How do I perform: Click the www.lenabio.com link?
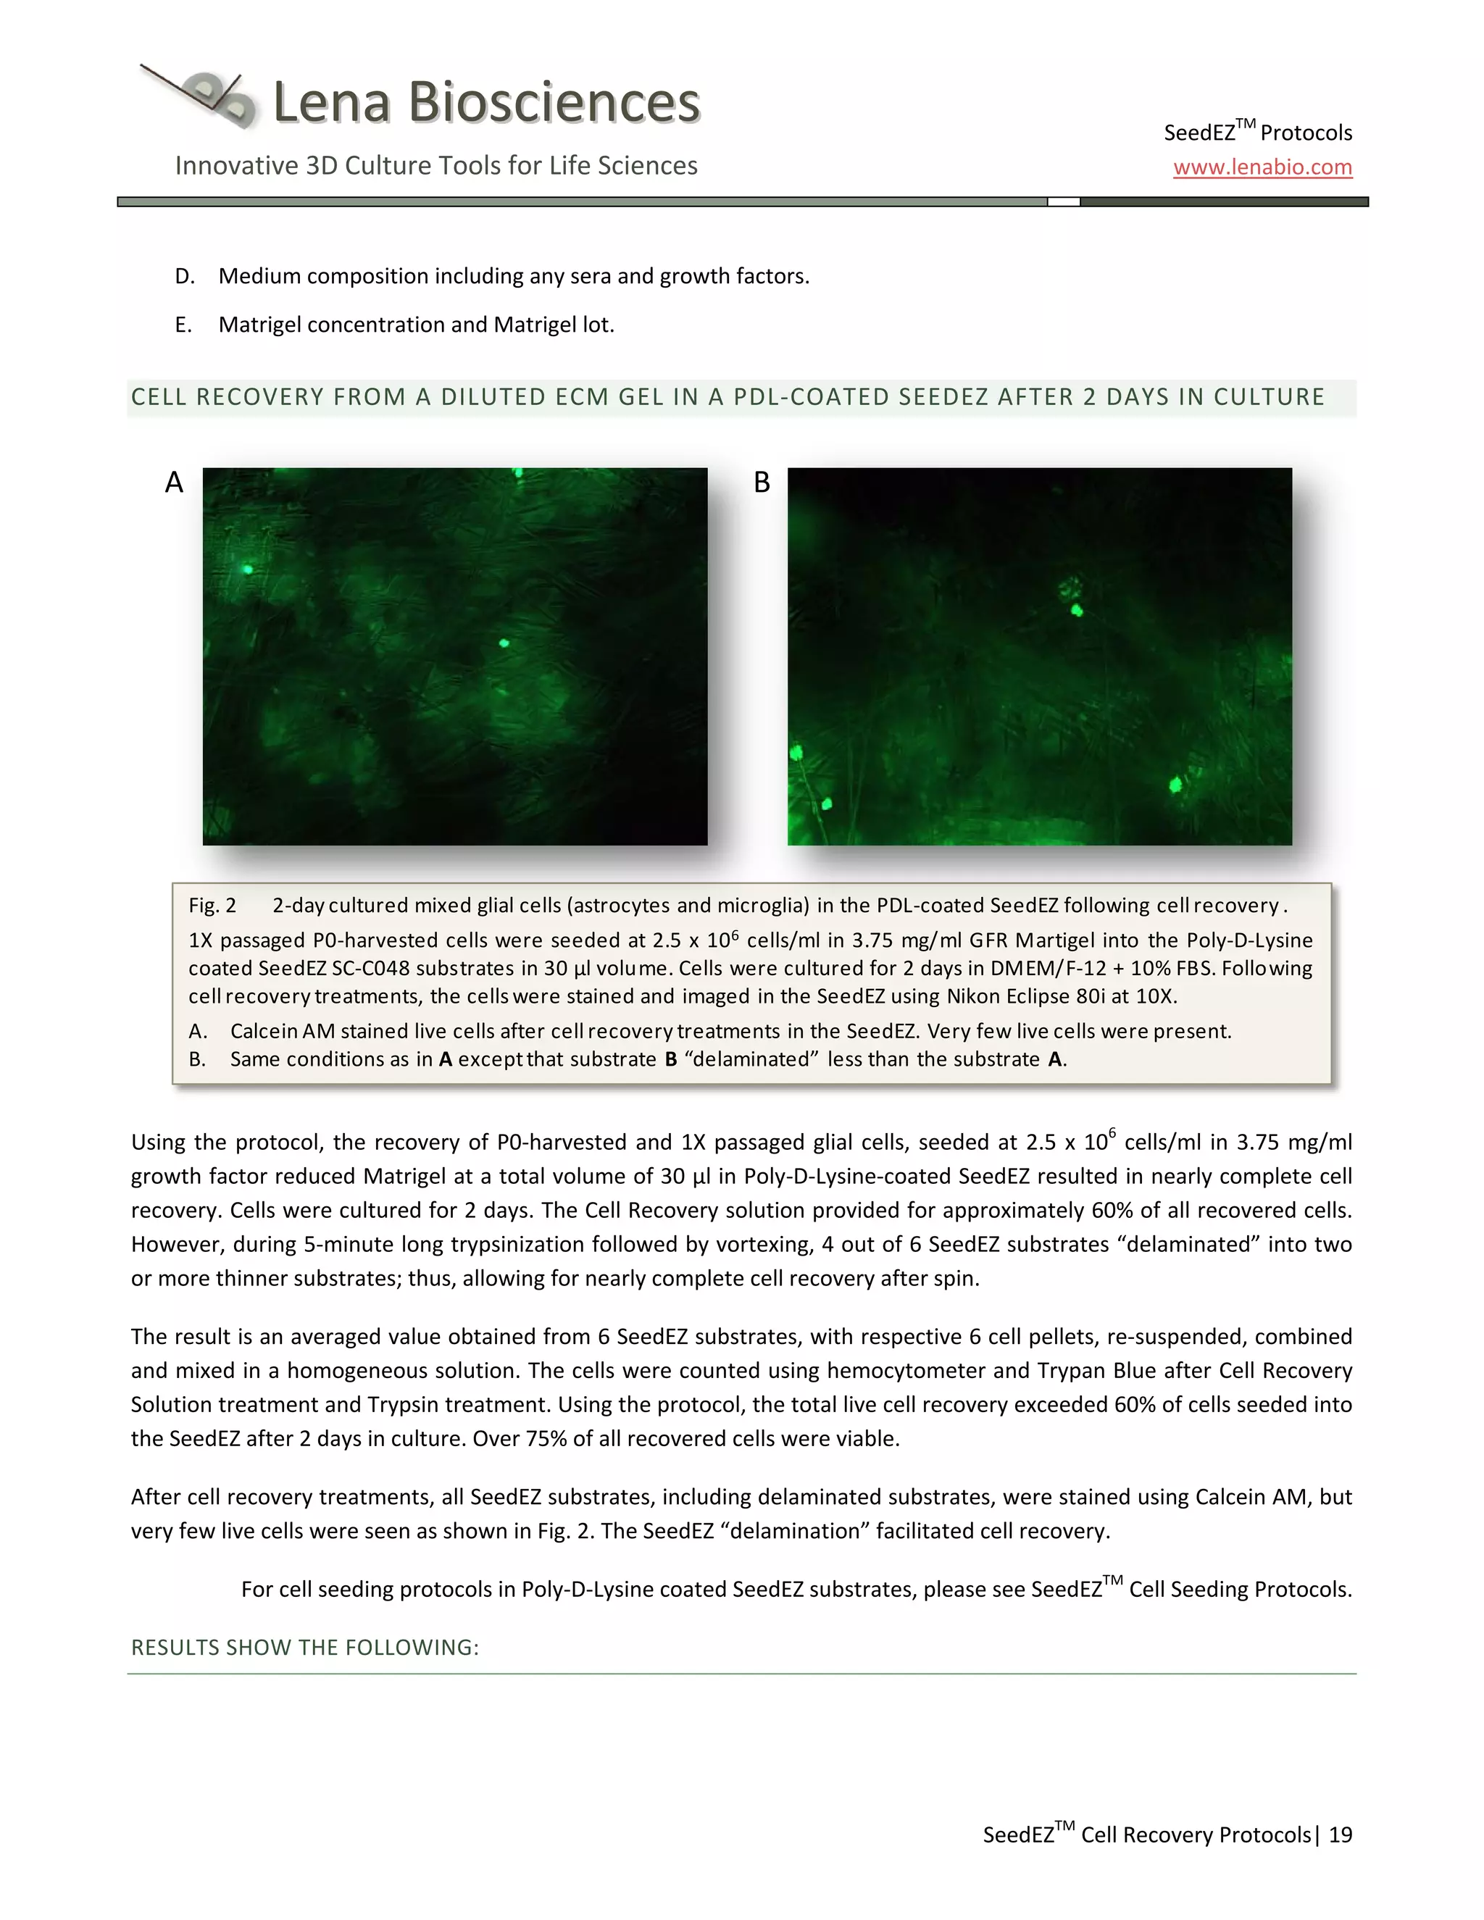point(1262,167)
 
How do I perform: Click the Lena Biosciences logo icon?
point(206,96)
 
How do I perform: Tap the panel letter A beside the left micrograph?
point(174,483)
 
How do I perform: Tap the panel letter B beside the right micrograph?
point(762,483)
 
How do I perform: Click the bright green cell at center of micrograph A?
point(504,643)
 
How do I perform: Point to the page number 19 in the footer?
point(1340,1835)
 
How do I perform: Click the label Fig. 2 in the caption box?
point(212,906)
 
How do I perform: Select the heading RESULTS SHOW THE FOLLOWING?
point(305,1648)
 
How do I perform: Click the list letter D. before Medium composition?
point(185,276)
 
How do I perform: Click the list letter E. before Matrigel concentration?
point(183,325)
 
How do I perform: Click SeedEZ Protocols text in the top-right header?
point(1257,133)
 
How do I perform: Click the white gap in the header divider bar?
point(1063,202)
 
